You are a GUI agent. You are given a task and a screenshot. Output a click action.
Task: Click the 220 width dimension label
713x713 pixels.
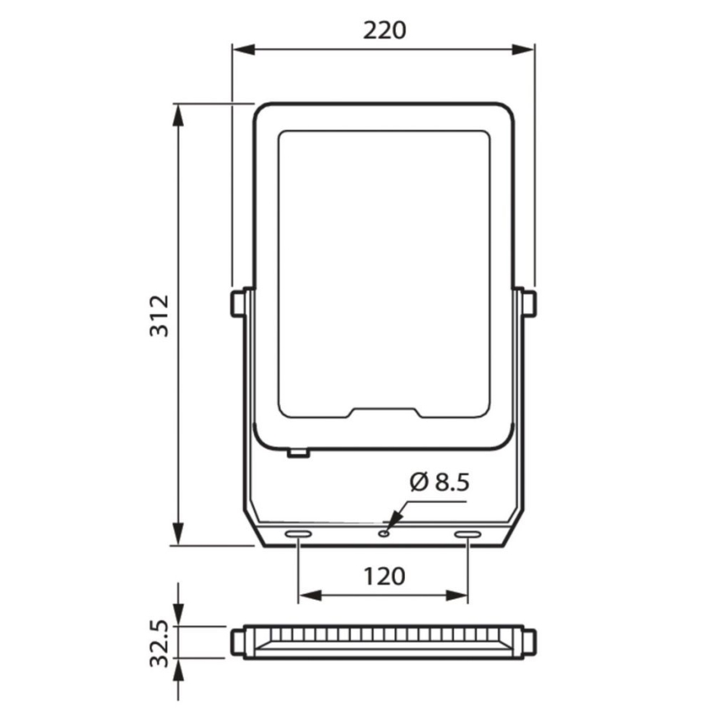click(384, 30)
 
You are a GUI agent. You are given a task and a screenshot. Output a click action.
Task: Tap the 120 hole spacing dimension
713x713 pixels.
click(384, 576)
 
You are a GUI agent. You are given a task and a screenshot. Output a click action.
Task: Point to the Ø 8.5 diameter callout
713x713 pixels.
click(438, 482)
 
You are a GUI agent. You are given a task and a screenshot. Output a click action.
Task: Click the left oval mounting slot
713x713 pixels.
click(297, 535)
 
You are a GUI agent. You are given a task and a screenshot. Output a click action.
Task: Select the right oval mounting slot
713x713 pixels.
click(467, 535)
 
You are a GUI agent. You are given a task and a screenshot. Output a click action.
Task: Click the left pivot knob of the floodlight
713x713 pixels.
click(238, 302)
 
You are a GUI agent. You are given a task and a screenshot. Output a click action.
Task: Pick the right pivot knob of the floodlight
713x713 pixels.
click(527, 302)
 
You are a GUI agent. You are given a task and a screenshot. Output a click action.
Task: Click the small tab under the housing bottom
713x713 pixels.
click(297, 451)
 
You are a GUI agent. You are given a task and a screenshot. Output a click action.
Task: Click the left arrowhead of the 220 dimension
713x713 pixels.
click(240, 50)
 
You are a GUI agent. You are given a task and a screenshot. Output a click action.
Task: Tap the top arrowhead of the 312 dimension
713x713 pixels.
click(177, 113)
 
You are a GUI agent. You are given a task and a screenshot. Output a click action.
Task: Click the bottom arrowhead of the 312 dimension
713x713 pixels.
click(177, 535)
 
